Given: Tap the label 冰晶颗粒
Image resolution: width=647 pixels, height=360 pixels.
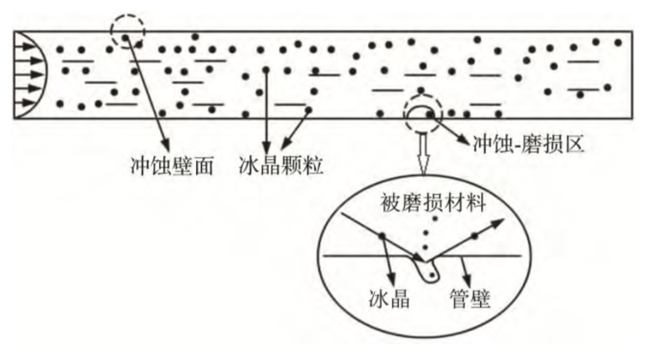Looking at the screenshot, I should point(281,165).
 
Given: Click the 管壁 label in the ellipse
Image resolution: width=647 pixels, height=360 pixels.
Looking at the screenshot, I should point(472,297).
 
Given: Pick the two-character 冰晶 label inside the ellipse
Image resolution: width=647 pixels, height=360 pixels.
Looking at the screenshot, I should point(388,297).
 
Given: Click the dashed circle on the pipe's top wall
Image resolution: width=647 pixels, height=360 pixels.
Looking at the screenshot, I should point(127,31).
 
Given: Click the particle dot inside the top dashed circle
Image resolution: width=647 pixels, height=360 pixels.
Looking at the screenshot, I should point(126,37).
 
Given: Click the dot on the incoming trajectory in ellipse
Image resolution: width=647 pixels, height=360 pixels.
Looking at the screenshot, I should point(382,237).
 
